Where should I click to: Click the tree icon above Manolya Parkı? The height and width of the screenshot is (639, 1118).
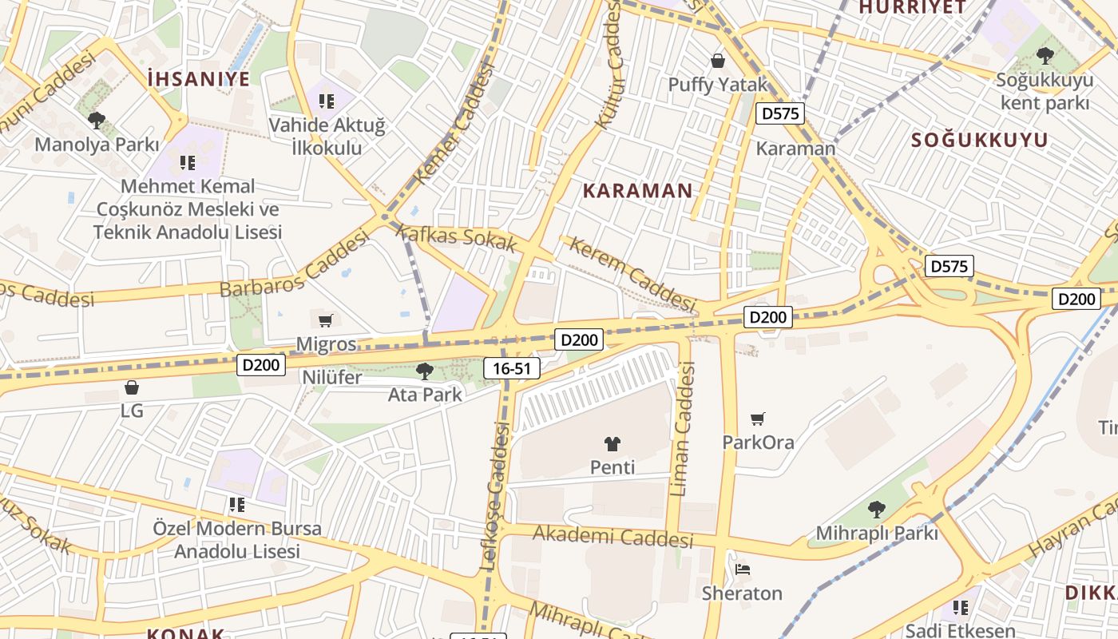coord(97,121)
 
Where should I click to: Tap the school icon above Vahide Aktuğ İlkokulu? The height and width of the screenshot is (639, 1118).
coord(326,101)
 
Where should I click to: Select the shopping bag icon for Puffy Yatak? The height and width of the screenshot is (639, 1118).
coord(718,61)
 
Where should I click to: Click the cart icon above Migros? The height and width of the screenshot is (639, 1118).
coord(325,321)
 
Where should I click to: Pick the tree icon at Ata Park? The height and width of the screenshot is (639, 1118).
coord(425,371)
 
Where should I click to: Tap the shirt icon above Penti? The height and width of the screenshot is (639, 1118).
coord(613,444)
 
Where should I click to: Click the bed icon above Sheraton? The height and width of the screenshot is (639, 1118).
coord(742,570)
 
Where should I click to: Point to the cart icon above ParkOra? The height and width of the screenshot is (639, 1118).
coord(758,419)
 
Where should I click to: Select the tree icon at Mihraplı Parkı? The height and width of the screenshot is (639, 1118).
coord(877,509)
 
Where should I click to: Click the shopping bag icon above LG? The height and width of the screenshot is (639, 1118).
coord(132,388)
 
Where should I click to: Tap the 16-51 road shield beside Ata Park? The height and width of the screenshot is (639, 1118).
coord(512,368)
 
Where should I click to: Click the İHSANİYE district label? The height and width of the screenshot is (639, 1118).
coord(199,78)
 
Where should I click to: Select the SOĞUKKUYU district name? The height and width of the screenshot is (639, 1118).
coord(980,140)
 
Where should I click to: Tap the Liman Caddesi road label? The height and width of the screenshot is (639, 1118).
coord(684,429)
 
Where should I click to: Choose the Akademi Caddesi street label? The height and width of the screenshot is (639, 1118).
coord(613,538)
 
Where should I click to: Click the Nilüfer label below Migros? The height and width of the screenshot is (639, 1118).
coord(331,377)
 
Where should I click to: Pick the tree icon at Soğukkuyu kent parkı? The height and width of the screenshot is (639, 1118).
coord(1045,56)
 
